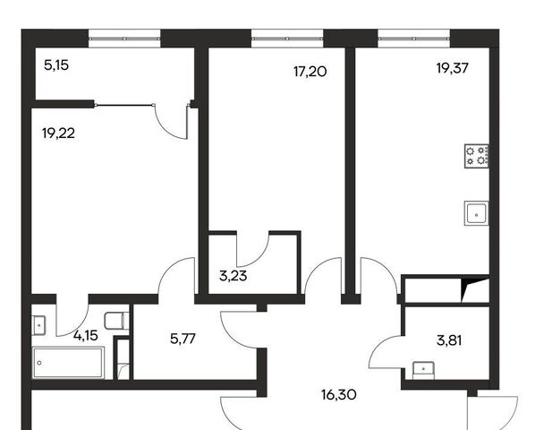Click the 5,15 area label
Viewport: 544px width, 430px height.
click(56, 65)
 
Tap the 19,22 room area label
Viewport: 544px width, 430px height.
click(58, 133)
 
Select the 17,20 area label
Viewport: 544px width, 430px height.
click(310, 72)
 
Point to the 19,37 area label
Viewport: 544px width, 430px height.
click(452, 68)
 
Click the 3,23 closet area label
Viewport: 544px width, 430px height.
click(234, 276)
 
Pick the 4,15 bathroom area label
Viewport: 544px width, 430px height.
click(86, 336)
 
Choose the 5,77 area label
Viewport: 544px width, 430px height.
click(183, 339)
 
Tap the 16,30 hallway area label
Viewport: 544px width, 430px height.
click(338, 395)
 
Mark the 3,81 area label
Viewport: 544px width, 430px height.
click(449, 340)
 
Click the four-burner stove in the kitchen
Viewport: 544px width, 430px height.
click(477, 156)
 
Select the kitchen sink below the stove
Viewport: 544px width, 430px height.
click(476, 213)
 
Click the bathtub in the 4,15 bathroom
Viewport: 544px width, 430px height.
click(68, 363)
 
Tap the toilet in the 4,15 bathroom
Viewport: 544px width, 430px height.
click(116, 321)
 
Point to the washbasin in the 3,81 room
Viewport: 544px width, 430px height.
click(423, 370)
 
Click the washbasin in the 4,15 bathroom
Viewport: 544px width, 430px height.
click(38, 325)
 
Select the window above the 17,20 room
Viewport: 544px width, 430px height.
click(287, 39)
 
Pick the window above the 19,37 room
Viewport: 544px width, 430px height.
click(414, 39)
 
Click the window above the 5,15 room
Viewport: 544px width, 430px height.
click(124, 39)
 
